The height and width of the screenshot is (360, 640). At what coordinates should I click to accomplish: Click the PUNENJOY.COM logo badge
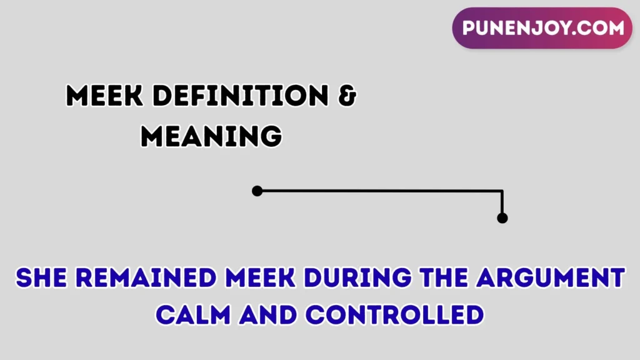542,28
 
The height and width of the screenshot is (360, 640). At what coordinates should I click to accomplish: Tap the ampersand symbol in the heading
347,97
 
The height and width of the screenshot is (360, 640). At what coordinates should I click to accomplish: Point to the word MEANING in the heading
211,136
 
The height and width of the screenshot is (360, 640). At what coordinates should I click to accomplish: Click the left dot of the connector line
257,191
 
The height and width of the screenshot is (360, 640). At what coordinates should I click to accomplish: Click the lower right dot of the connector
502,218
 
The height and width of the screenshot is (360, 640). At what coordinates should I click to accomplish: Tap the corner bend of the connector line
502,191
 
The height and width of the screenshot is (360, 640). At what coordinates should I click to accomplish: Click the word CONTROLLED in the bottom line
394,314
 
